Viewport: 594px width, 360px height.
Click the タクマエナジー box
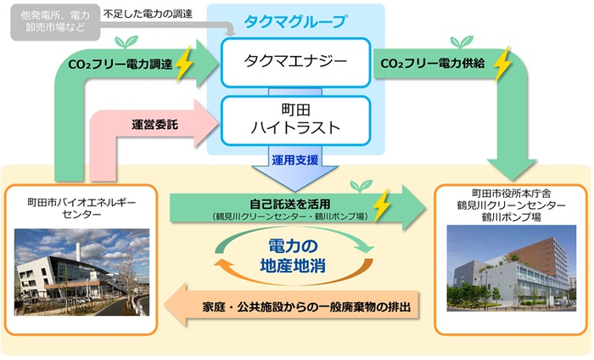(x=295, y=61)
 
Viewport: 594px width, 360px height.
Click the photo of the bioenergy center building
(x=81, y=271)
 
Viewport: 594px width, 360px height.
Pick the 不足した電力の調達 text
(x=147, y=14)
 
